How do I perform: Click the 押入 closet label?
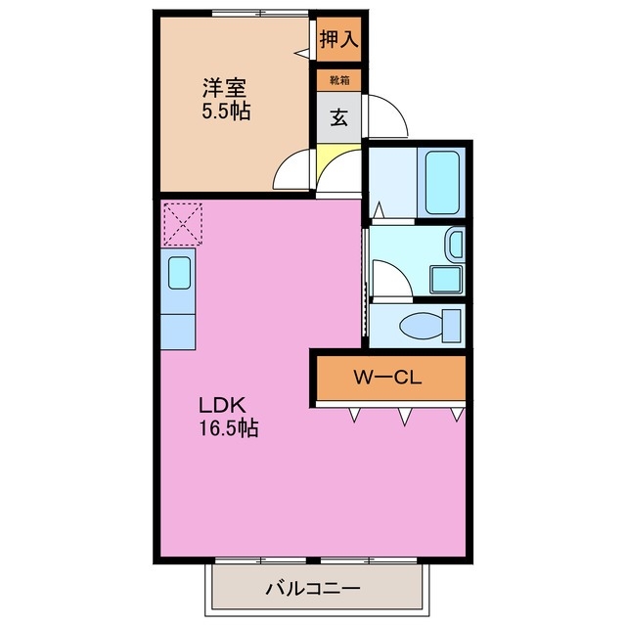pyautogui.click(x=338, y=39)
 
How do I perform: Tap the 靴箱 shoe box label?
pyautogui.click(x=339, y=80)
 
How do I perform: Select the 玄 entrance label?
pyautogui.click(x=339, y=117)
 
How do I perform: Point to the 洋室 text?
pyautogui.click(x=224, y=88)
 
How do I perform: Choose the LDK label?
pyautogui.click(x=222, y=405)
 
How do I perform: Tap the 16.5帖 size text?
pyautogui.click(x=228, y=428)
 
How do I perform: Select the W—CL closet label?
pyautogui.click(x=388, y=377)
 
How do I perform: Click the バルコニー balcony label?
pyautogui.click(x=313, y=589)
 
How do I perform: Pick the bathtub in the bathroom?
pyautogui.click(x=442, y=183)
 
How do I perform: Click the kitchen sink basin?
pyautogui.click(x=179, y=273)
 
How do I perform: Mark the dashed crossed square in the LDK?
pyautogui.click(x=183, y=224)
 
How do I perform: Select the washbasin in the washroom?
pyautogui.click(x=456, y=244)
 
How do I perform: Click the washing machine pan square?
pyautogui.click(x=446, y=280)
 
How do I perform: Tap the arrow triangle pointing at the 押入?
pyautogui.click(x=302, y=53)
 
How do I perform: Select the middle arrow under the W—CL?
pyautogui.click(x=404, y=417)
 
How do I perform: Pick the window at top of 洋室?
pyautogui.click(x=260, y=13)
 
